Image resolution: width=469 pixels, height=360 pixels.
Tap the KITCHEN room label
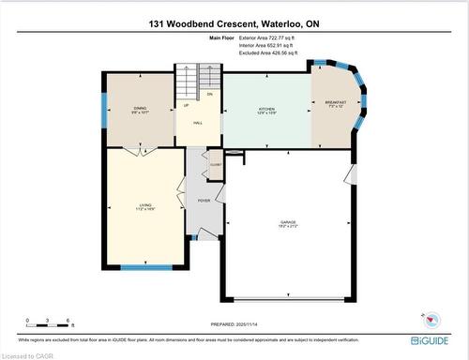(267, 109)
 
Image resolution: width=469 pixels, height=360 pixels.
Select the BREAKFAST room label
(336, 102)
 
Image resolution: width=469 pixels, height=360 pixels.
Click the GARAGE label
(287, 223)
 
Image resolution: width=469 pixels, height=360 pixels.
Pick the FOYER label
(204, 201)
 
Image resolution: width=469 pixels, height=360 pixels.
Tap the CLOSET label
(215, 162)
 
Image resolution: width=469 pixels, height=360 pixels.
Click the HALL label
(199, 123)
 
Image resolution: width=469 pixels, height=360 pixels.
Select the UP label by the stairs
(185, 105)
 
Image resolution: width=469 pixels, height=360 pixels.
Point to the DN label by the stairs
(209, 95)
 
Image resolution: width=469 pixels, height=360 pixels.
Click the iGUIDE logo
(427, 339)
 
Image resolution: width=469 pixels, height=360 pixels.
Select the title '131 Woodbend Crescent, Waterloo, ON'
(234, 24)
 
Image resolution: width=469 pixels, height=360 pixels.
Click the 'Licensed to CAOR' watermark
(28, 354)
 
